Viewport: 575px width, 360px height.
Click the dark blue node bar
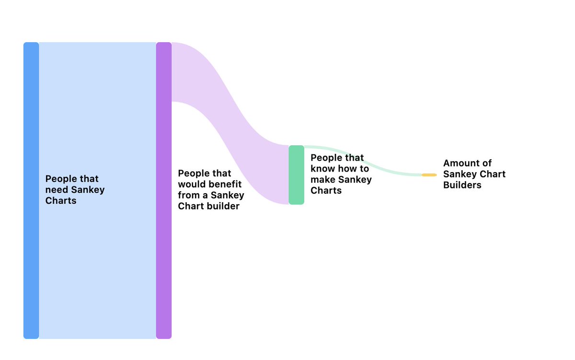(x=31, y=190)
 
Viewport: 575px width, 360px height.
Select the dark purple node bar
(x=164, y=190)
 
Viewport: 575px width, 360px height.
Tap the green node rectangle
(x=296, y=175)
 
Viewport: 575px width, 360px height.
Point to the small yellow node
(x=429, y=175)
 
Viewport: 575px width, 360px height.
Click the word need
(x=57, y=190)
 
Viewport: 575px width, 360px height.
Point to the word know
(x=323, y=169)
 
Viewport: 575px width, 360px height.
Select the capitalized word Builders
(x=462, y=186)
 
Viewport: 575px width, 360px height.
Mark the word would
(x=191, y=185)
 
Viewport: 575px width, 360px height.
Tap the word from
(x=188, y=196)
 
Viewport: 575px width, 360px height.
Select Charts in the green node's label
(x=326, y=191)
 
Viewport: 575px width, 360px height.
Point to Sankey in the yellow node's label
(x=460, y=174)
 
